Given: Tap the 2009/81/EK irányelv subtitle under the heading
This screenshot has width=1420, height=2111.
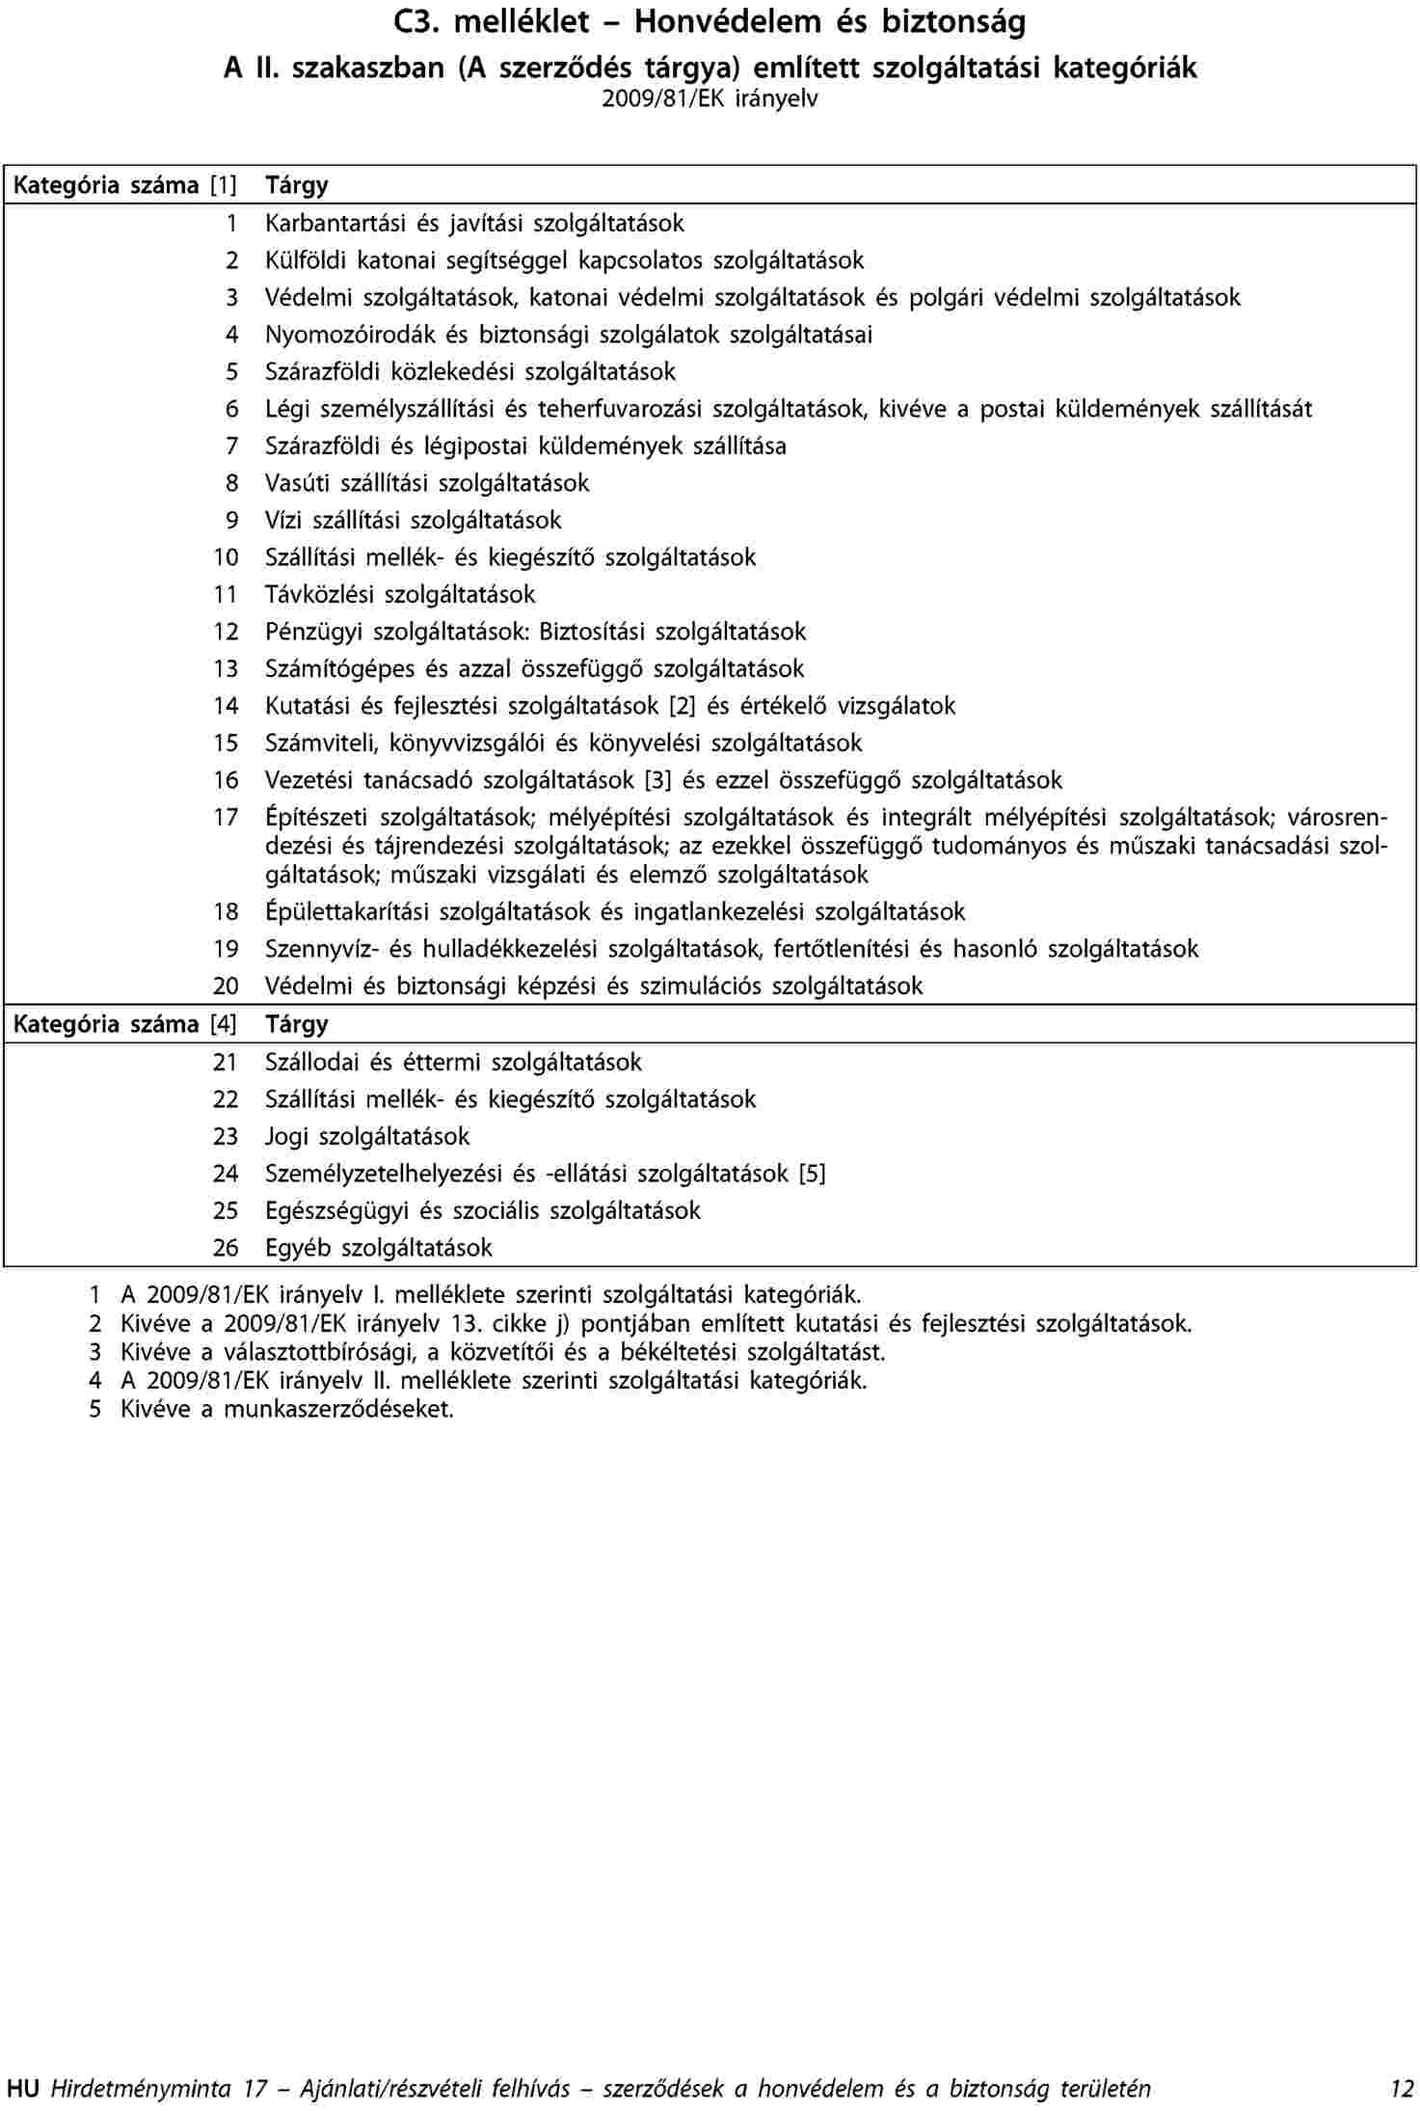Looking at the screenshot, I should (710, 99).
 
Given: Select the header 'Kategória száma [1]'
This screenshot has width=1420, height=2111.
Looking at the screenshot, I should (124, 185).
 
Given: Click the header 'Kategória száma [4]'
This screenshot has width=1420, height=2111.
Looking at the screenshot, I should (124, 1024).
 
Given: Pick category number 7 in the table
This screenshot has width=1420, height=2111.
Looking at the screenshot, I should (231, 447).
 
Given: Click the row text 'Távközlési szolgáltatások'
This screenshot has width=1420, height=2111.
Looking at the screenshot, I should (400, 595).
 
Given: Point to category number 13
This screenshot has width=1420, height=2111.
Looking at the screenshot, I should (226, 669).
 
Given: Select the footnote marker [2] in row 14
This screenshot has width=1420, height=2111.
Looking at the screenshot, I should (682, 706).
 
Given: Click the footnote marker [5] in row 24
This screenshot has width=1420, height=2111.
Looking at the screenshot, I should (812, 1174).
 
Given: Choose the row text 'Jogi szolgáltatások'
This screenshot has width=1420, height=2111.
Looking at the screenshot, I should (367, 1137).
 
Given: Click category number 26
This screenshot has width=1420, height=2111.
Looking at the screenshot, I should (226, 1248).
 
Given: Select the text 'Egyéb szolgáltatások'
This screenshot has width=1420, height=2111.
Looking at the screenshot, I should (379, 1248).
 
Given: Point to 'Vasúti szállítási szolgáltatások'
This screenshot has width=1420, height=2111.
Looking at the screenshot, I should (427, 483).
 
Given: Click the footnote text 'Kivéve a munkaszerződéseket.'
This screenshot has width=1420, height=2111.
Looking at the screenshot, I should (286, 1409).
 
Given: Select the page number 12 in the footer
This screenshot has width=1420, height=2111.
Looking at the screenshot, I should (1402, 2089).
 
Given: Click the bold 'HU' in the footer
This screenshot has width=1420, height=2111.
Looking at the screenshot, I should (22, 2089).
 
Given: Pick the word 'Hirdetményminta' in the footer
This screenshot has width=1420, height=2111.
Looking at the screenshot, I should (141, 2089).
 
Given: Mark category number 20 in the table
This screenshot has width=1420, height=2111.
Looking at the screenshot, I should (226, 987).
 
